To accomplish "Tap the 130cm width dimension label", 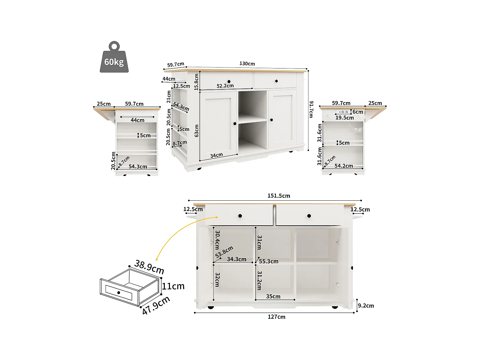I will click(x=247, y=64).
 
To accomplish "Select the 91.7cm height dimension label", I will click(x=311, y=109).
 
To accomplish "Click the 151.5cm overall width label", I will click(x=279, y=196).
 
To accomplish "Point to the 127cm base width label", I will click(x=276, y=317).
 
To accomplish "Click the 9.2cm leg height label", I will click(x=366, y=306).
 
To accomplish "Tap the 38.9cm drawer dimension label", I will click(x=149, y=267).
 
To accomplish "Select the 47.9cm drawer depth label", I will click(x=156, y=305).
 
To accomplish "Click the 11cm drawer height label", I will click(x=173, y=286).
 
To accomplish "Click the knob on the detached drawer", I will click(x=119, y=292).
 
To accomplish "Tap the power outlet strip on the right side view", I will click(x=343, y=112).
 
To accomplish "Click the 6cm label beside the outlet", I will click(x=358, y=112).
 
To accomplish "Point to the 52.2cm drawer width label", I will click(x=225, y=86).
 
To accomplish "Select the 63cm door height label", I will click(x=196, y=131).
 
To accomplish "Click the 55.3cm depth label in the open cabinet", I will click(x=268, y=261).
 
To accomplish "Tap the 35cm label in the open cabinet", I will click(x=273, y=296).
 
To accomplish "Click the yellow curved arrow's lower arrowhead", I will click(x=157, y=260).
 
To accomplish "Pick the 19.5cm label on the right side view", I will click(x=345, y=118).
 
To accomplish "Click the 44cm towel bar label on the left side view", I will click(x=137, y=120).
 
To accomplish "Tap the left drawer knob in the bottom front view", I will click(x=240, y=216).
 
